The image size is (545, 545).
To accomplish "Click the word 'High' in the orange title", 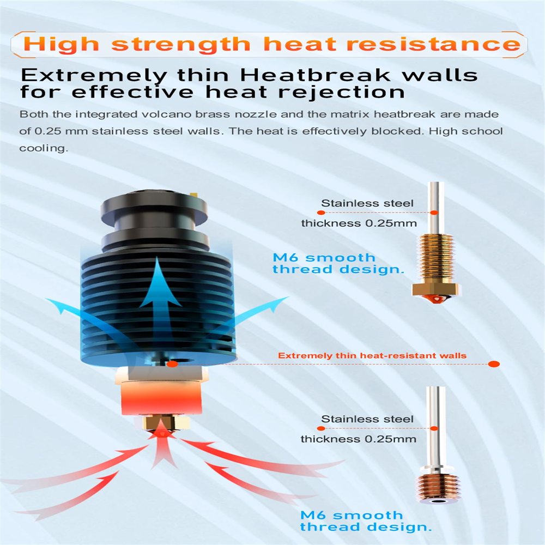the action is pyautogui.click(x=61, y=45).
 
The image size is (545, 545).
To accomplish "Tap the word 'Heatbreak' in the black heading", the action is pyautogui.click(x=315, y=75).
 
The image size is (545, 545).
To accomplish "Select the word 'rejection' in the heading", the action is pyautogui.click(x=341, y=92).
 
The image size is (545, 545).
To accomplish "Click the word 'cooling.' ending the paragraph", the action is pyautogui.click(x=44, y=148).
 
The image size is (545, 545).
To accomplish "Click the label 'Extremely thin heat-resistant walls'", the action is pyautogui.click(x=372, y=355).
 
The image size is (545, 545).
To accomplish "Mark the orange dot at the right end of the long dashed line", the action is pyautogui.click(x=494, y=364).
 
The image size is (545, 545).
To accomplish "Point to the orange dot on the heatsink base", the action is pyautogui.click(x=172, y=364).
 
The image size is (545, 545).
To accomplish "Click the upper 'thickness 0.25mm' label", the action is pyautogui.click(x=359, y=223).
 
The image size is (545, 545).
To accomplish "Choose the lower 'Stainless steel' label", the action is pyautogui.click(x=367, y=419).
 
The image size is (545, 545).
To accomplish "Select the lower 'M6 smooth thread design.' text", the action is pyautogui.click(x=366, y=521).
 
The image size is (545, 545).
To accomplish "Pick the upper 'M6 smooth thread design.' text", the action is pyautogui.click(x=338, y=263).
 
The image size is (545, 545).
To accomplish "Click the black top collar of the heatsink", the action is pyautogui.click(x=155, y=209).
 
